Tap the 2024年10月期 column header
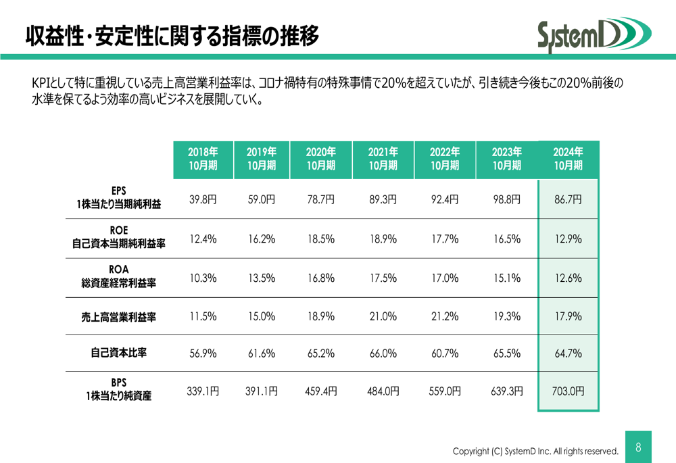coord(568,160)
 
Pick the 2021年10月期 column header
coord(383,160)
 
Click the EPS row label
coord(118,197)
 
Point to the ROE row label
coord(118,237)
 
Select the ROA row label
coord(118,276)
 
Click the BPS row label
coord(118,390)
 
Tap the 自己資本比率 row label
coord(118,353)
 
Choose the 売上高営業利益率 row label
coord(118,316)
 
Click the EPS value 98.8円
coord(506,199)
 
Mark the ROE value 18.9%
coord(383,239)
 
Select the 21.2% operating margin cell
coord(445,316)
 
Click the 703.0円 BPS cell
coord(568,391)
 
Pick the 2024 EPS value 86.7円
coord(568,199)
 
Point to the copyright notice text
coord(535,451)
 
